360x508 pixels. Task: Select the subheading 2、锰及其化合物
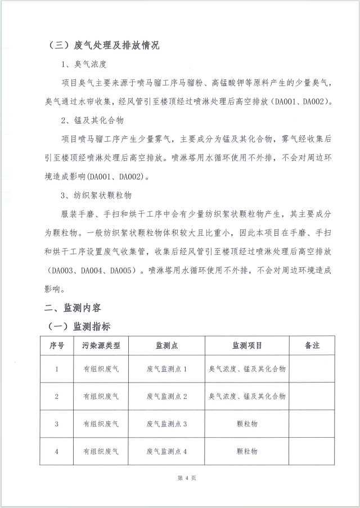coord(92,120)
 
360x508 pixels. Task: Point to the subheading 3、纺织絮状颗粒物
coord(96,195)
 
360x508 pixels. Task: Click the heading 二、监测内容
coord(74,308)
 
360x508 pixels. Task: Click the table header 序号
coord(56,345)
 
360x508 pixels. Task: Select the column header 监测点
coord(166,345)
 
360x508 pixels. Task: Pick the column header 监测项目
coord(247,345)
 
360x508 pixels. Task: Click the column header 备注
coord(312,345)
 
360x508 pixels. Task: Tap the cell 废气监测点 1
coord(166,369)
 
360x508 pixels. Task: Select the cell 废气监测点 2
coord(166,397)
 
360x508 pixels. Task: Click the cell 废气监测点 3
coord(166,424)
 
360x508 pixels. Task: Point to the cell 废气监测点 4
coord(166,451)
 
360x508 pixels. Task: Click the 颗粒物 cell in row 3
coord(247,424)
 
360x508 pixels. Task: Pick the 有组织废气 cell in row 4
coord(101,451)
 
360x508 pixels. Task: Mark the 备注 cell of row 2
coord(312,397)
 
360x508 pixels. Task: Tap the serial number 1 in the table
coord(56,369)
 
